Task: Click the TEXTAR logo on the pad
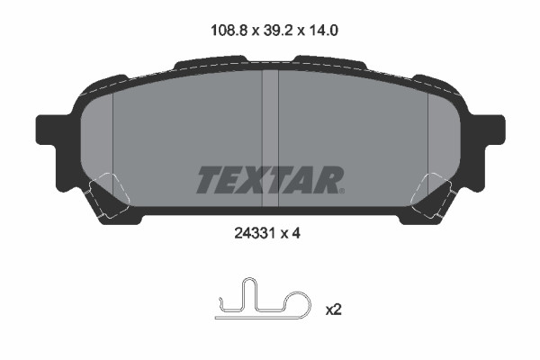click(268, 180)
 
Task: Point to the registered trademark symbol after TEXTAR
click(341, 190)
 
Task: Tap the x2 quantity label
click(333, 310)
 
